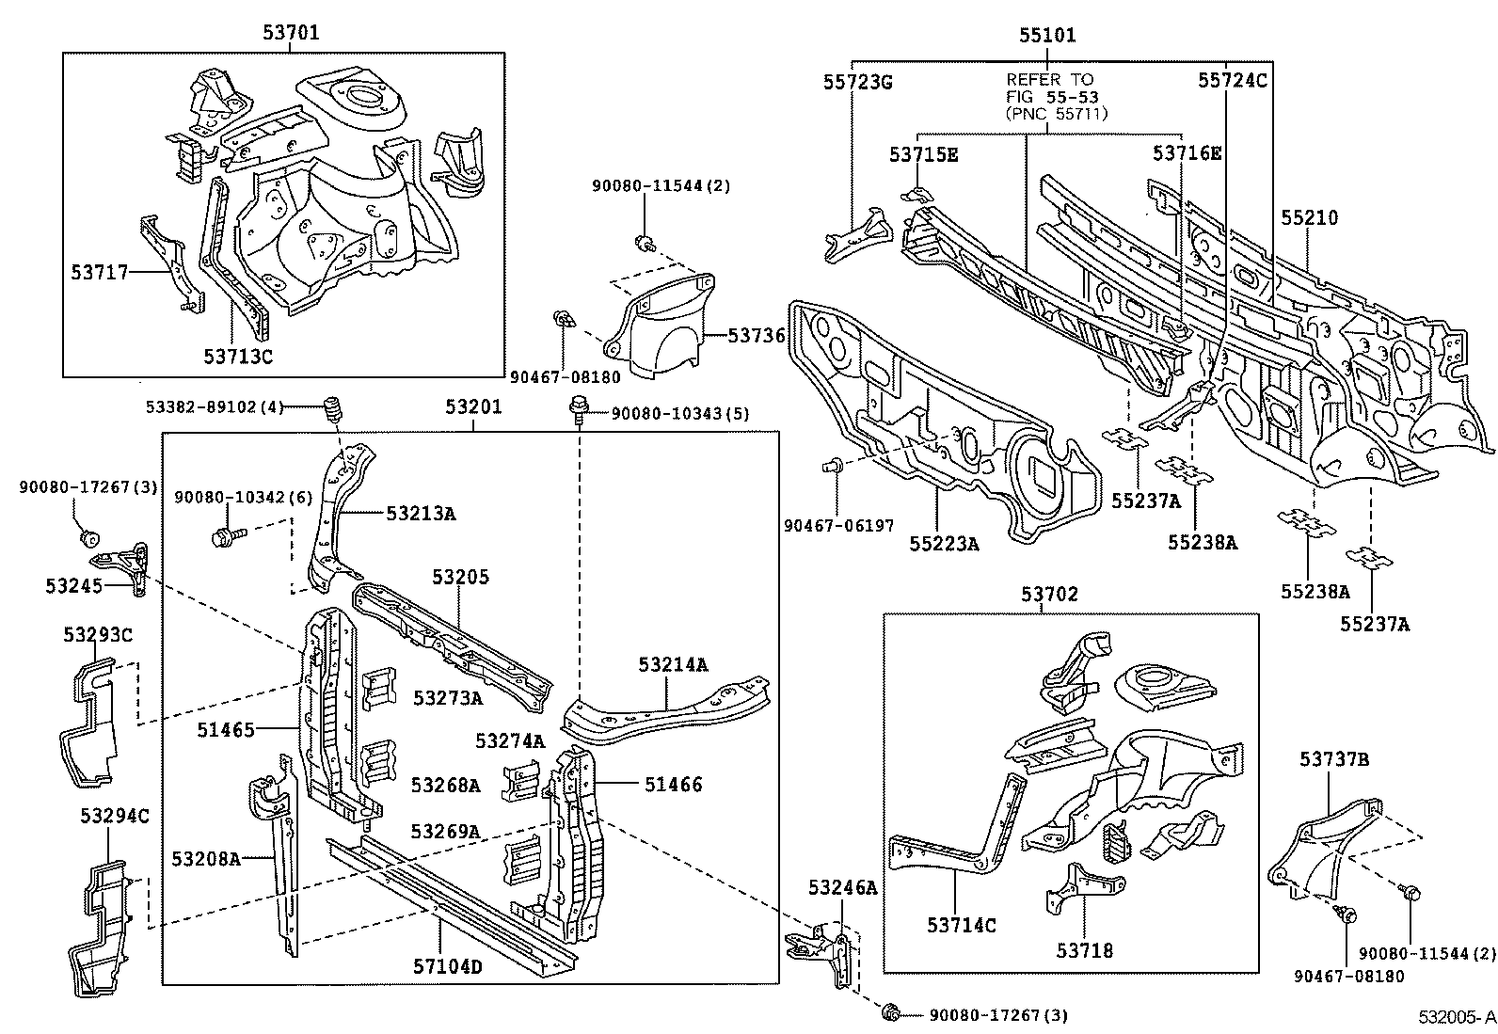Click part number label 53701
pyautogui.click(x=291, y=33)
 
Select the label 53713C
pyautogui.click(x=238, y=356)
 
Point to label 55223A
pyautogui.click(x=943, y=543)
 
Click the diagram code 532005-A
pyautogui.click(x=1457, y=1017)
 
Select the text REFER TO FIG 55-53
pyautogui.click(x=1050, y=88)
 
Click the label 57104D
pyautogui.click(x=447, y=965)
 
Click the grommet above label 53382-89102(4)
pyautogui.click(x=331, y=411)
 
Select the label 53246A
pyautogui.click(x=842, y=886)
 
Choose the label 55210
pyautogui.click(x=1308, y=217)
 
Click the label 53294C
pyautogui.click(x=106, y=815)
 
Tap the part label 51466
pyautogui.click(x=673, y=784)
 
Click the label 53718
pyautogui.click(x=1084, y=950)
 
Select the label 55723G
pyautogui.click(x=857, y=82)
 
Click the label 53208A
pyautogui.click(x=205, y=858)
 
